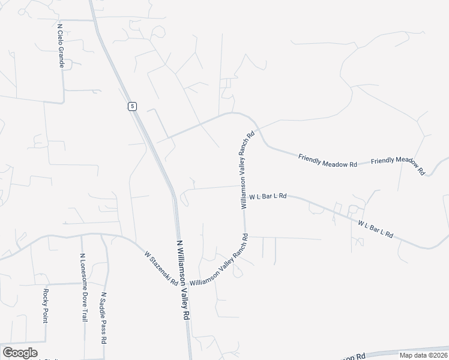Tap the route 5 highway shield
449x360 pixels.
pyautogui.click(x=132, y=106)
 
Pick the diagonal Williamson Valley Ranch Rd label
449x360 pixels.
pyautogui.click(x=218, y=261)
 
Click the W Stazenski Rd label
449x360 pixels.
pyautogui.click(x=161, y=268)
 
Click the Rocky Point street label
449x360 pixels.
pyautogui.click(x=45, y=305)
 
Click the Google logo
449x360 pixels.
pyautogui.click(x=19, y=353)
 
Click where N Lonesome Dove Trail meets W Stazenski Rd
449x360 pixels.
pyautogui.click(x=82, y=236)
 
